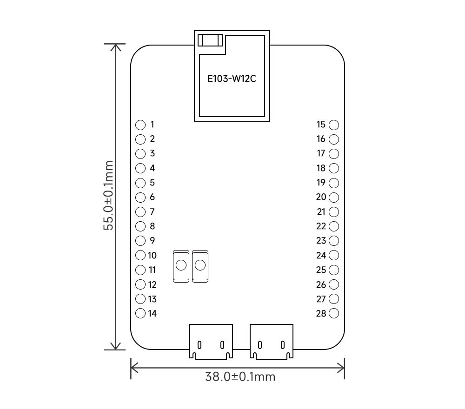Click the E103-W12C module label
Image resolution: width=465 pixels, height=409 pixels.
pyautogui.click(x=232, y=79)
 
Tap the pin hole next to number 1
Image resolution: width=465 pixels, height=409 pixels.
pyautogui.click(x=140, y=125)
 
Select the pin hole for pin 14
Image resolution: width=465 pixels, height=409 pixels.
pyautogui.click(x=140, y=313)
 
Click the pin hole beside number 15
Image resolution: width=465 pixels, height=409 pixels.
pyautogui.click(x=334, y=125)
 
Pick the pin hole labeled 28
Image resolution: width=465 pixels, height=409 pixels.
pyautogui.click(x=334, y=313)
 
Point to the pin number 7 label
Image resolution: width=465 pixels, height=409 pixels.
pyautogui.click(x=152, y=211)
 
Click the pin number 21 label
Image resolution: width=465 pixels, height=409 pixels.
pyautogui.click(x=321, y=211)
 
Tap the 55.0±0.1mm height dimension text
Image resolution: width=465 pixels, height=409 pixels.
pyautogui.click(x=108, y=195)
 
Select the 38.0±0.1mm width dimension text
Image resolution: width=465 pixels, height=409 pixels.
pyautogui.click(x=240, y=376)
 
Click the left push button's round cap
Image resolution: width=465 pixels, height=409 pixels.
pyautogui.click(x=181, y=265)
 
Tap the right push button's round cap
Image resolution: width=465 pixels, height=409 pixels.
pyautogui.click(x=200, y=265)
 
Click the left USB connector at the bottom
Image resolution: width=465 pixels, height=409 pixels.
pyautogui.click(x=211, y=342)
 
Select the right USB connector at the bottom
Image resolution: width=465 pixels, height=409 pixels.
pyautogui.click(x=272, y=342)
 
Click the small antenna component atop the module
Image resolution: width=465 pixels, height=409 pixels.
pyautogui.click(x=210, y=40)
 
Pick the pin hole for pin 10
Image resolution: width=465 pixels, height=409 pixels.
pyautogui.click(x=140, y=255)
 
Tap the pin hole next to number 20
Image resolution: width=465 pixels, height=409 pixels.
pyautogui.click(x=334, y=197)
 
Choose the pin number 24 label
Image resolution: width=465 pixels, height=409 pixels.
pyautogui.click(x=321, y=255)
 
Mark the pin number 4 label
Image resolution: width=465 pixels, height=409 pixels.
pyautogui.click(x=152, y=168)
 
